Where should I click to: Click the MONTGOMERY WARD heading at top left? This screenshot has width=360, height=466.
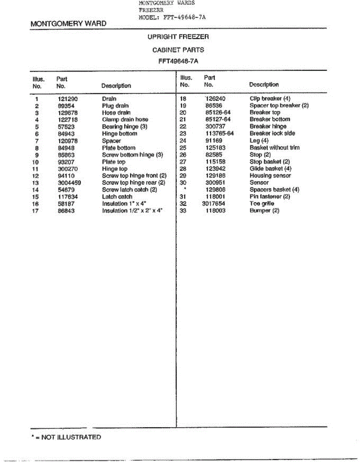pos(68,24)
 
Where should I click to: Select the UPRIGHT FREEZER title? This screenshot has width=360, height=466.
pos(178,37)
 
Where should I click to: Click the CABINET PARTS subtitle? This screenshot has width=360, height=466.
pos(178,50)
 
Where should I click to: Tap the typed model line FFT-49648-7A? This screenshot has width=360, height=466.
pos(172,17)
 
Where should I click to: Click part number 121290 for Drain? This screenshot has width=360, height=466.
pos(68,99)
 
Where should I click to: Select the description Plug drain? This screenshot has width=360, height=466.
pos(115,106)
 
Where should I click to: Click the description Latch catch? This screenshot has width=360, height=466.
pos(117,197)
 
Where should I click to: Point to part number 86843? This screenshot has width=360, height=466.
pos(66,211)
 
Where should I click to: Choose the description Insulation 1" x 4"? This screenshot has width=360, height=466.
pos(124,204)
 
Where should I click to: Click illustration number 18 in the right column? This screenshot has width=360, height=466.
pos(184,99)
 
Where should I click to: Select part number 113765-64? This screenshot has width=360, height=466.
pos(219,134)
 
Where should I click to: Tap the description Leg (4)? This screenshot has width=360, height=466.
pos(259,141)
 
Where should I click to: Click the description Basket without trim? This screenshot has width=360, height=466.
pos(274,148)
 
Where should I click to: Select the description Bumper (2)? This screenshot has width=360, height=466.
pos(264,210)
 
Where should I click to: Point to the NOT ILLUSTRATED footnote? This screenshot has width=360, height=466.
pos(66,437)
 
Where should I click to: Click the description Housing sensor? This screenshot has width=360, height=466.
pos(270,176)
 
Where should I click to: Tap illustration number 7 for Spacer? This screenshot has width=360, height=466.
pos(37,141)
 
